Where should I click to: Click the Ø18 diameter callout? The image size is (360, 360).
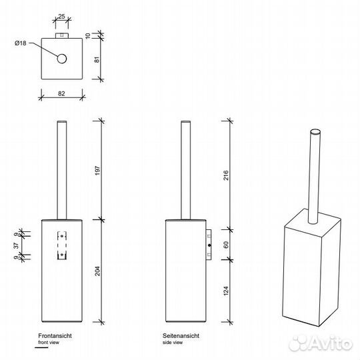[21, 43]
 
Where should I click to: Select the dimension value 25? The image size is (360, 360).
[61, 17]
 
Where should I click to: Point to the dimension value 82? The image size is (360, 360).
[61, 94]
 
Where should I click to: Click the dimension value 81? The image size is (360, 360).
[97, 59]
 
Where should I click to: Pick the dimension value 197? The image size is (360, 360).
[97, 171]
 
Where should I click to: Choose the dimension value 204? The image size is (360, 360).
[97, 271]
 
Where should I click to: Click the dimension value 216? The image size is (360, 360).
[226, 175]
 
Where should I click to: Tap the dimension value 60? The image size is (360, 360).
[226, 245]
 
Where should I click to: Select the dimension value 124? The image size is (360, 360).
[226, 291]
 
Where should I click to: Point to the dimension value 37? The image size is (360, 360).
[16, 245]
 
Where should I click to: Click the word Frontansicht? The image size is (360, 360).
[55, 335]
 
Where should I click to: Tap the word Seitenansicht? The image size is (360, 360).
[181, 335]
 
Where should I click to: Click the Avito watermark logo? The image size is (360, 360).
[321, 343]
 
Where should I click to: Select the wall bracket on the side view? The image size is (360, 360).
[209, 245]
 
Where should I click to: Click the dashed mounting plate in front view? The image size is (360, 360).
[62, 245]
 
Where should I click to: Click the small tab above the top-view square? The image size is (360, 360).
[62, 35]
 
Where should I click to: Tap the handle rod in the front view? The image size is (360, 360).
[62, 170]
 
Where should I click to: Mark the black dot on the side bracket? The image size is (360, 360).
[209, 245]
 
